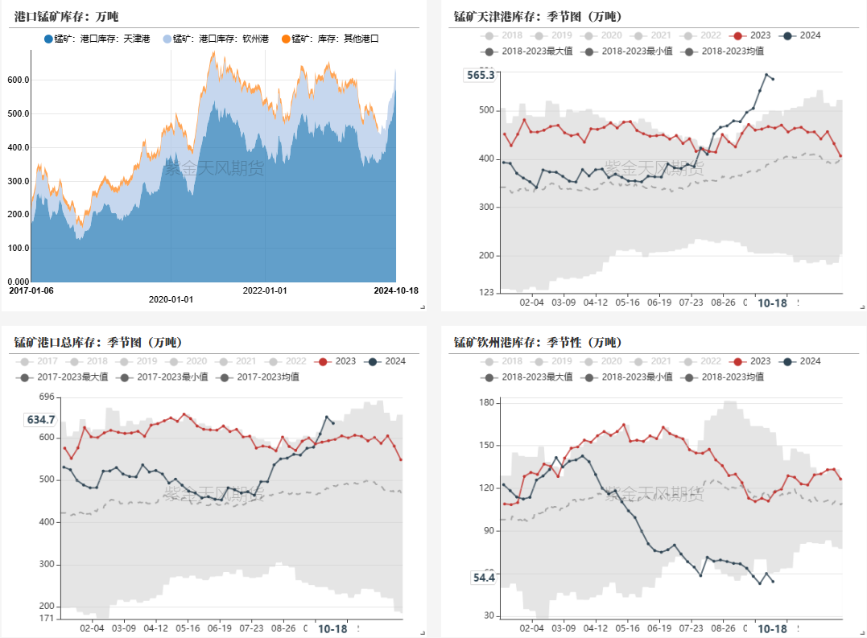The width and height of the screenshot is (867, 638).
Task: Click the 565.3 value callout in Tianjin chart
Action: click(x=481, y=75)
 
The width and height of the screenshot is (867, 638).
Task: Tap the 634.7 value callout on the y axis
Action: click(x=41, y=419)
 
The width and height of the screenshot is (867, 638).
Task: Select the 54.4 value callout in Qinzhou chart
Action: click(x=484, y=577)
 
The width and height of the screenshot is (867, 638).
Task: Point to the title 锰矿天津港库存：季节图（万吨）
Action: click(x=537, y=16)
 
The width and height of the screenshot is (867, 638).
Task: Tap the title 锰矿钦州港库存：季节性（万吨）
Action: click(x=537, y=342)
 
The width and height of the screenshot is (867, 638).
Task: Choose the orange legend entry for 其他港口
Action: click(x=329, y=39)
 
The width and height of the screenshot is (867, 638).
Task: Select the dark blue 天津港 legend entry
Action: click(x=97, y=39)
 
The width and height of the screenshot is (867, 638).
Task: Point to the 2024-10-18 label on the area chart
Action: click(x=396, y=290)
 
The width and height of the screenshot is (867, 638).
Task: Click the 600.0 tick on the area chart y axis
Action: click(x=18, y=80)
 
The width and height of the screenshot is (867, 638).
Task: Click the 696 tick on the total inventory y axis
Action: click(x=46, y=397)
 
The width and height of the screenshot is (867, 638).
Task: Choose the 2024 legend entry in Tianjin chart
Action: click(x=802, y=35)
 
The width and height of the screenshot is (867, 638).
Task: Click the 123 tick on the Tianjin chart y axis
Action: click(x=486, y=292)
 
